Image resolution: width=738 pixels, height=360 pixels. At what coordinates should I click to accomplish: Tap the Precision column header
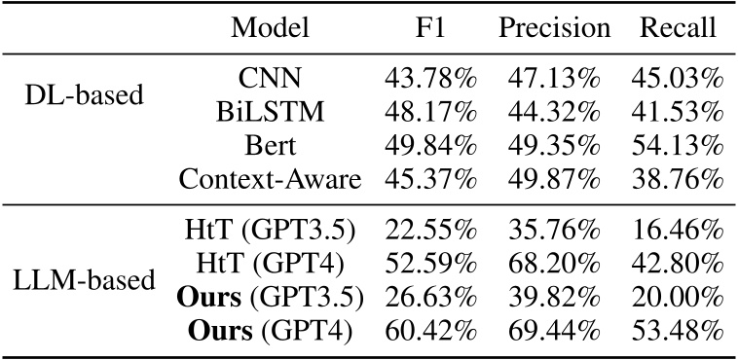pos(554,28)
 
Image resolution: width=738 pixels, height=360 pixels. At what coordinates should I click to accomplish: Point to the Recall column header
pos(678,28)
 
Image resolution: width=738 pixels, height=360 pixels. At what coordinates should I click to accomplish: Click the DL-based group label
pos(84,95)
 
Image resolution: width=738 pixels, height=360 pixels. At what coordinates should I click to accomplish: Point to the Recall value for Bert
pos(678,144)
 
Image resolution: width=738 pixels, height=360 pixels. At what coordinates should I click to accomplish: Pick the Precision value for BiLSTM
pos(555,109)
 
